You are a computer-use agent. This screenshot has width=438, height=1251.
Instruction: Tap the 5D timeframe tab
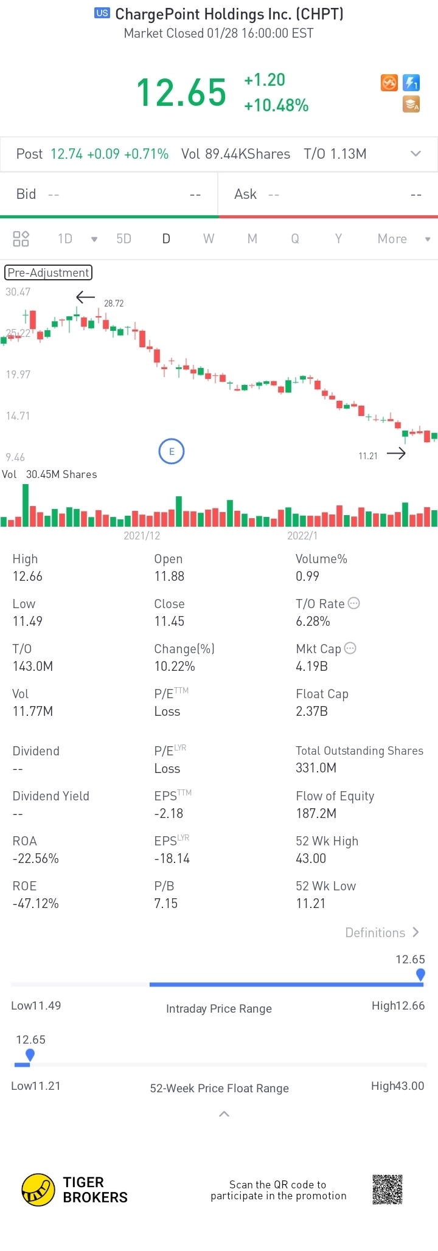click(x=123, y=239)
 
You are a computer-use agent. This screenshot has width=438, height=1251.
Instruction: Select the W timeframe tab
click(x=209, y=239)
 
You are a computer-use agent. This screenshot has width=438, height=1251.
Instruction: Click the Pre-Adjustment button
click(x=48, y=272)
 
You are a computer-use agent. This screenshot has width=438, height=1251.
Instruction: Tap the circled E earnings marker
click(x=172, y=451)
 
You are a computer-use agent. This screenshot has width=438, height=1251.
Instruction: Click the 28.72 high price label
click(x=114, y=303)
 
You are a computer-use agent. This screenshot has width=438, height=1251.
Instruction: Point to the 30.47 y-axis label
click(x=18, y=292)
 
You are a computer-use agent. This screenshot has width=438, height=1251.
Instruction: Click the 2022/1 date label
click(x=302, y=536)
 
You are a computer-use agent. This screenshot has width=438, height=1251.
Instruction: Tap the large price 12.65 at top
click(x=181, y=92)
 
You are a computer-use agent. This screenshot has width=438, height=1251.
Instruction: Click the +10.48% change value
click(x=276, y=106)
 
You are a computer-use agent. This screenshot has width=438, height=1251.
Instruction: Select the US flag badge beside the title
click(x=102, y=13)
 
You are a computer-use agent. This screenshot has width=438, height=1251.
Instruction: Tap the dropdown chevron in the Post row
click(x=416, y=154)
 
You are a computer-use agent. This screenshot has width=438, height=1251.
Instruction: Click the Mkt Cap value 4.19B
click(x=311, y=667)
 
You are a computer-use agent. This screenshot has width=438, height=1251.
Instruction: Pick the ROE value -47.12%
click(x=36, y=904)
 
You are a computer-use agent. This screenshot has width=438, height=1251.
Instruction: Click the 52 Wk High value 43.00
click(x=311, y=859)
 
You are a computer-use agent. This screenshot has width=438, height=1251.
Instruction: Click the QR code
click(x=388, y=1190)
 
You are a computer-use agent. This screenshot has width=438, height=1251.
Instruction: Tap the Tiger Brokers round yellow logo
click(x=38, y=1190)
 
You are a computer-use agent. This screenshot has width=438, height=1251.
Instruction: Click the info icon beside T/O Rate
click(x=354, y=603)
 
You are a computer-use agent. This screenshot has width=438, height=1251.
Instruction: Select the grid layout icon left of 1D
click(x=21, y=239)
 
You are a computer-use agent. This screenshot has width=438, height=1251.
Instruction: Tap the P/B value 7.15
click(x=166, y=904)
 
